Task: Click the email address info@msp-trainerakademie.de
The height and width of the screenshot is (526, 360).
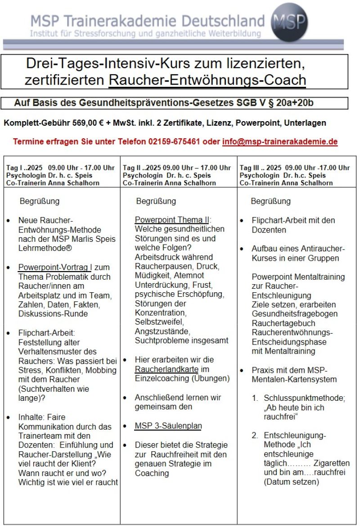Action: pyautogui.click(x=279, y=141)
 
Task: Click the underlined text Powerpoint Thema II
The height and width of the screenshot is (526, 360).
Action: pyautogui.click(x=171, y=220)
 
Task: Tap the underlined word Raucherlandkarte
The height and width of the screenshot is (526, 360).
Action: pyautogui.click(x=165, y=369)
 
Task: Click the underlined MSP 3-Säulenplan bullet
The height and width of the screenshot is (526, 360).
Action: pyautogui.click(x=168, y=426)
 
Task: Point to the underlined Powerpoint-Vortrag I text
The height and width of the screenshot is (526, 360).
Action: pyautogui.click(x=54, y=268)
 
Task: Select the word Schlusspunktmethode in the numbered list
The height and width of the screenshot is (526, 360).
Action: pyautogui.click(x=301, y=399)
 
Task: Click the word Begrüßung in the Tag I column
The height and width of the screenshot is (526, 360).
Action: pyautogui.click(x=39, y=201)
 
